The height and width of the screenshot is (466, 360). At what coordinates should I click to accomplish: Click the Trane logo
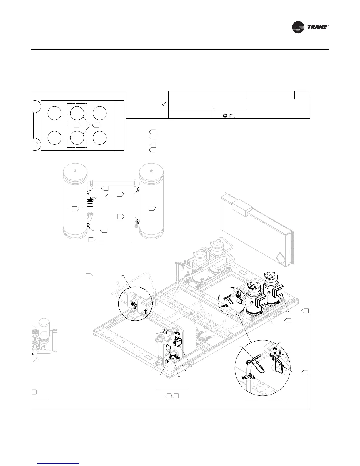[x=310, y=27]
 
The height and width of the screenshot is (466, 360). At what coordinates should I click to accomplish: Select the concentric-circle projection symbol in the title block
[x=225, y=115]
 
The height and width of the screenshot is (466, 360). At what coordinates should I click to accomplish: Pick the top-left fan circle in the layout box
[x=54, y=113]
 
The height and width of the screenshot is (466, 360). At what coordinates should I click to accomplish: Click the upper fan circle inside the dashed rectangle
[x=77, y=113]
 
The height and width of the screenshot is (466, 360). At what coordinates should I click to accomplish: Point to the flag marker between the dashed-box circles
[x=77, y=125]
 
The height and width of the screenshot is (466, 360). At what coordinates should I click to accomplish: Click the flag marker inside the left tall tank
[x=76, y=209]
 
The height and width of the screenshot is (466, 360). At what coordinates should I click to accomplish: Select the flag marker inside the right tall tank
[x=152, y=208]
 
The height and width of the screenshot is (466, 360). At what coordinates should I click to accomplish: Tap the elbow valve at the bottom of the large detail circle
[x=246, y=377]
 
